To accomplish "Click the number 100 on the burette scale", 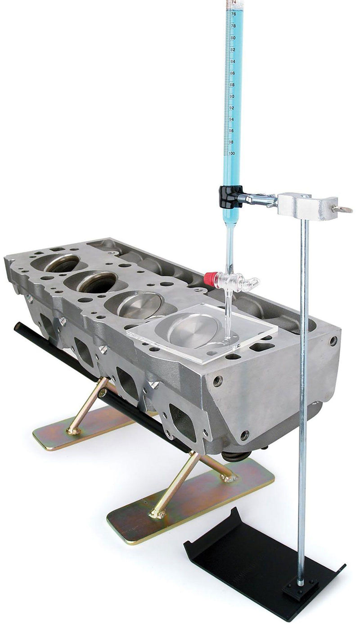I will (232, 154).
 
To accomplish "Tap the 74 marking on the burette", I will (234, 3).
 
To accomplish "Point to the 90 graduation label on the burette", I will (232, 96).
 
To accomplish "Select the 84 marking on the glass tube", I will (233, 61).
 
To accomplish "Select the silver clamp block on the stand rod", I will (306, 206).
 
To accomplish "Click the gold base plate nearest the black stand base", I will (189, 504).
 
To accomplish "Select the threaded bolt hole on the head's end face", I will (218, 380).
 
